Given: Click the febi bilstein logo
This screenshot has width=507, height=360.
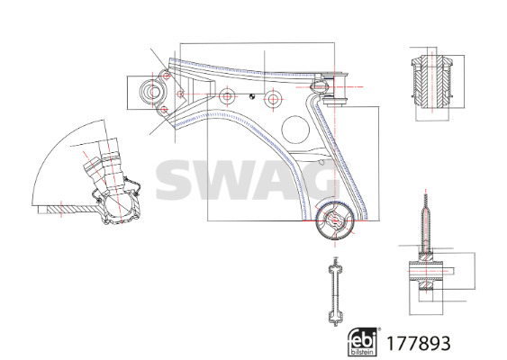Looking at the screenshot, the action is click(x=363, y=342).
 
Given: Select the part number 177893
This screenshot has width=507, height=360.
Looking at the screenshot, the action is click(x=419, y=343).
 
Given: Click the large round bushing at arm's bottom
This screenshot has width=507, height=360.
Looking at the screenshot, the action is click(x=335, y=221).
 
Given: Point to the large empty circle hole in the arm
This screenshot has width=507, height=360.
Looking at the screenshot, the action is click(x=295, y=130).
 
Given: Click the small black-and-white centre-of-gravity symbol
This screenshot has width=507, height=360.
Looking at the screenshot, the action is click(x=252, y=96).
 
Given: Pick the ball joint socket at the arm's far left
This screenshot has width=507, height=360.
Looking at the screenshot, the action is click(x=152, y=92).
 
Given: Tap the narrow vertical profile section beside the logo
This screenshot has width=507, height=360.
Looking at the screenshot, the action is click(x=335, y=290).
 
